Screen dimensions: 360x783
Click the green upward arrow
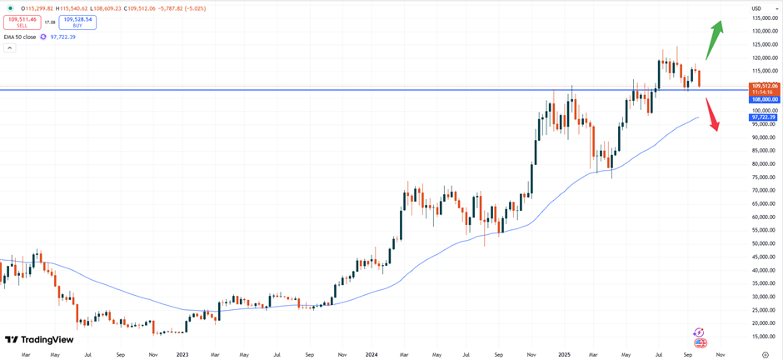715,39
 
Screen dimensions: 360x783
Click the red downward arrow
712,115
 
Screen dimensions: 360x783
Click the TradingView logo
39,339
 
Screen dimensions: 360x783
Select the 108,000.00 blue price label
765,99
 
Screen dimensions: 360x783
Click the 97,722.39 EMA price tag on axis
765,117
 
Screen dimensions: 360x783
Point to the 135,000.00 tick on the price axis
765,18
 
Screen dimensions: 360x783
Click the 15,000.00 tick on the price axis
765,336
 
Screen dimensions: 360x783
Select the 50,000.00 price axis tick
765,243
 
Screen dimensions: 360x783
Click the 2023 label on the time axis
182,355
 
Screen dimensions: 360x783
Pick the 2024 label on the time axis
372,355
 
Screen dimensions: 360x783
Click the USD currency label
756,8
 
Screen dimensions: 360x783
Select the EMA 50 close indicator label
20,37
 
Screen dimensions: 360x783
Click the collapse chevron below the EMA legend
9,48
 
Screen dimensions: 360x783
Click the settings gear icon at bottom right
766,355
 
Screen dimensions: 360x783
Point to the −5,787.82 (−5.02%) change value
177,8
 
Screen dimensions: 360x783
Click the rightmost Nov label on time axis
721,355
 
